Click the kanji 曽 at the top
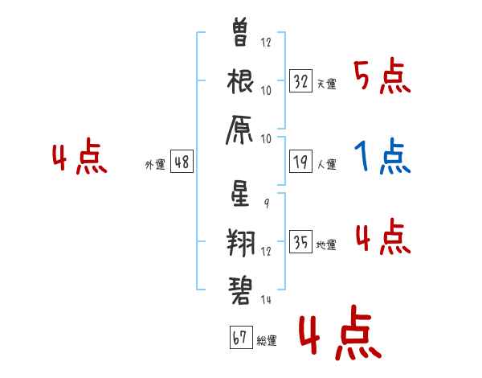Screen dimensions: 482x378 point(239,31)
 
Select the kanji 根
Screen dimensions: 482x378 point(240,81)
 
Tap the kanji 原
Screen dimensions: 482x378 point(239,130)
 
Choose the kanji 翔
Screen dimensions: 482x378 point(241,243)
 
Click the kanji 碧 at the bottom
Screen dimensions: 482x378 point(240,290)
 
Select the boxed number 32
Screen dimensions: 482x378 point(301,81)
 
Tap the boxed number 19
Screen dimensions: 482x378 point(301,162)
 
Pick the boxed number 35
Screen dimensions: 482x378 point(301,241)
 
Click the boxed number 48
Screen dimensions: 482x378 point(182,162)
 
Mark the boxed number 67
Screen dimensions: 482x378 point(241,337)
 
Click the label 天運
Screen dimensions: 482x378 point(327,84)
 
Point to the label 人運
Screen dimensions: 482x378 point(327,164)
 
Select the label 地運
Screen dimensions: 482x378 point(326,244)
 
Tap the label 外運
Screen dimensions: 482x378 point(155,164)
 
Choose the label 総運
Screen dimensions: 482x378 point(267,340)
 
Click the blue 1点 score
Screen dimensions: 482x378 point(382,156)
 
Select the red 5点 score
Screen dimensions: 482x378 point(382,76)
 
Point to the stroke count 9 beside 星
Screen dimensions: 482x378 point(267,203)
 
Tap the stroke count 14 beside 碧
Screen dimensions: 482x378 point(266,299)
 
